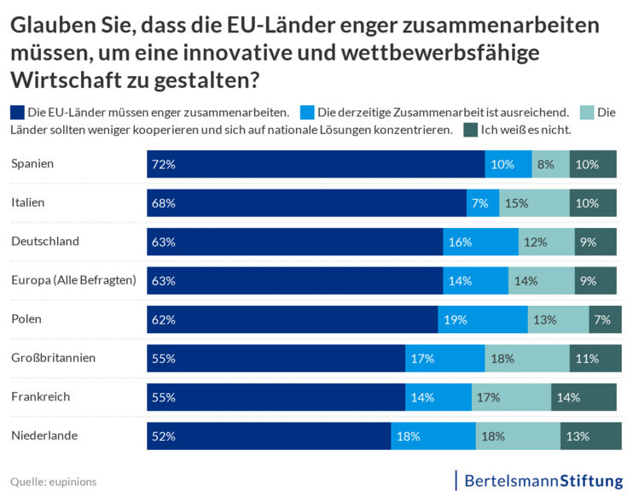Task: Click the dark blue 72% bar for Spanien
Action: (316, 164)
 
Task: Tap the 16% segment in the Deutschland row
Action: (480, 242)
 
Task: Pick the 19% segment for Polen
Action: (483, 319)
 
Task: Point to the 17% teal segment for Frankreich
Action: (511, 397)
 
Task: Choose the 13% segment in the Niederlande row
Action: (590, 436)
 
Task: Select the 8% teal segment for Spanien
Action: (550, 164)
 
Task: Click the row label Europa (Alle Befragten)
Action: (73, 280)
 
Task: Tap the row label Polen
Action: (26, 319)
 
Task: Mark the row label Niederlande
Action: (44, 436)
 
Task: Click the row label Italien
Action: (28, 202)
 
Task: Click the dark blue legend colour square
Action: (17, 112)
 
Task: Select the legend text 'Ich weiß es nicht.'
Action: (526, 130)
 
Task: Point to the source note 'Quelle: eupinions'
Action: (54, 482)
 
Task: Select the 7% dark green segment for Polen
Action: (605, 319)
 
